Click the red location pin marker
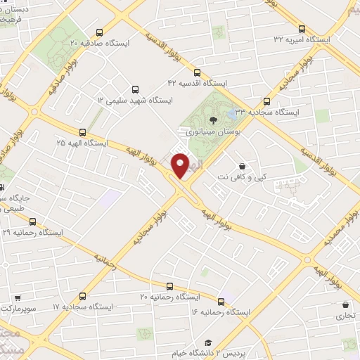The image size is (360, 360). [181, 166]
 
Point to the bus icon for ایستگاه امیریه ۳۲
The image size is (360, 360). [302, 29]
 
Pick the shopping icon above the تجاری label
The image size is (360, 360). [345, 304]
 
